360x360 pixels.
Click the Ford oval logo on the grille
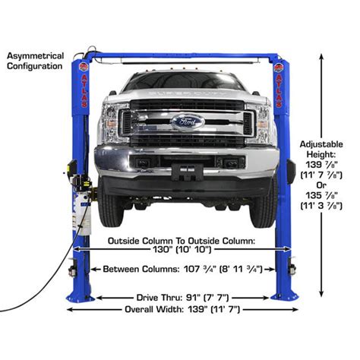[187, 121]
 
